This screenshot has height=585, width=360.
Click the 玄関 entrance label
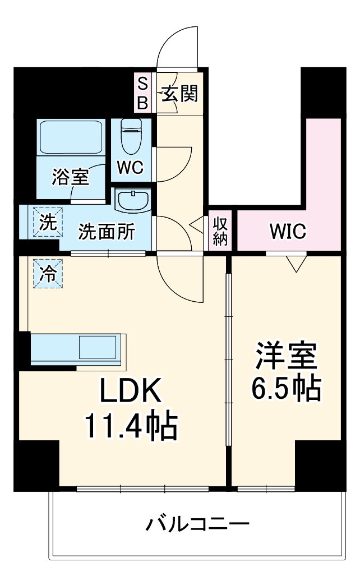(x=180, y=94)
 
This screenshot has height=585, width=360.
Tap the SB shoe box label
(x=143, y=94)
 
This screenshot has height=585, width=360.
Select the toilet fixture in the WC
(x=131, y=136)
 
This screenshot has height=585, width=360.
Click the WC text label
(x=131, y=167)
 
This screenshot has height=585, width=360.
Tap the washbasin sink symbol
(x=132, y=200)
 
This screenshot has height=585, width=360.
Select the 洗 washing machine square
(x=48, y=222)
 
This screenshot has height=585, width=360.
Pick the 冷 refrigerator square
(x=48, y=274)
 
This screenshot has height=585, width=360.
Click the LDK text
(x=131, y=391)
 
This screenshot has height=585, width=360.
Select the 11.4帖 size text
(x=131, y=426)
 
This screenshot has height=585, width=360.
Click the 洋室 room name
(x=286, y=356)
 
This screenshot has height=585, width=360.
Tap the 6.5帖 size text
(x=286, y=388)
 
